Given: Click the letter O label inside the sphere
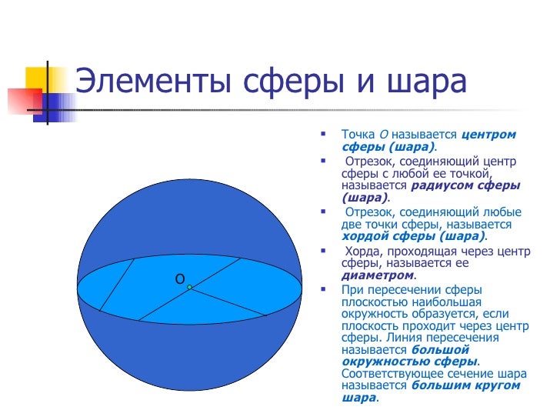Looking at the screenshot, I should [x=179, y=279].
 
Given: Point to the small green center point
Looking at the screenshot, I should [x=189, y=288].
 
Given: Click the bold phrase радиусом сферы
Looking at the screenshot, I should [x=466, y=185].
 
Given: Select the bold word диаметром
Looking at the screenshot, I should [x=377, y=275].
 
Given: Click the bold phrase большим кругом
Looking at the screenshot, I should [x=466, y=385].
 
